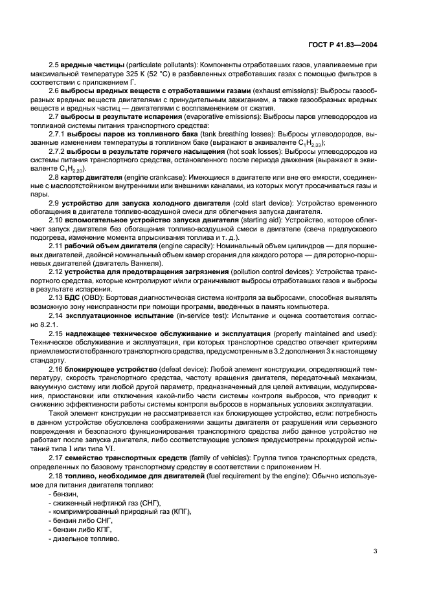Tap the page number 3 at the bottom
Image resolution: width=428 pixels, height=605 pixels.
click(x=376, y=551)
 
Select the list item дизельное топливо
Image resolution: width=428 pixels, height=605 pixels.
click(x=84, y=540)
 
